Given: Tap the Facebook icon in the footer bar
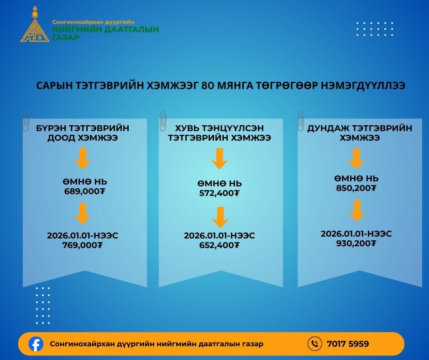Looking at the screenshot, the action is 36,344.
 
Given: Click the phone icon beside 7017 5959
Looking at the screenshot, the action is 314,344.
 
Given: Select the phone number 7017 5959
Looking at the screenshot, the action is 348,344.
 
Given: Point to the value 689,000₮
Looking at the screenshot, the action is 84,191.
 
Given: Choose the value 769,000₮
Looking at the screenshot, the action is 82,245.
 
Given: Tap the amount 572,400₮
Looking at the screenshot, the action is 219,193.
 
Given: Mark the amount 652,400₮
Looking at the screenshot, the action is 219,245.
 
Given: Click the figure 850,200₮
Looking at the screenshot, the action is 356,188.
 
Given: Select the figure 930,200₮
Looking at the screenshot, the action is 356,244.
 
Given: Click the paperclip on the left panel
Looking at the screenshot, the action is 26,121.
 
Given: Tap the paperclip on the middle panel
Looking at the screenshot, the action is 163,121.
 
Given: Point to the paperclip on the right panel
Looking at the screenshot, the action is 300,121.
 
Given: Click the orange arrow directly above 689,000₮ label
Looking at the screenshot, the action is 83,159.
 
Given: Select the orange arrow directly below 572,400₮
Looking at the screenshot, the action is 220,217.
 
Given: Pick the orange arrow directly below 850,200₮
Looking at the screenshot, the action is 357,211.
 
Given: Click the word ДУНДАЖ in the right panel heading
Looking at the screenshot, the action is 328,128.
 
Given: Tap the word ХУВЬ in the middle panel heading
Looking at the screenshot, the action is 186,128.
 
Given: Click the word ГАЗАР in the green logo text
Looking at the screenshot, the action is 66,37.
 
